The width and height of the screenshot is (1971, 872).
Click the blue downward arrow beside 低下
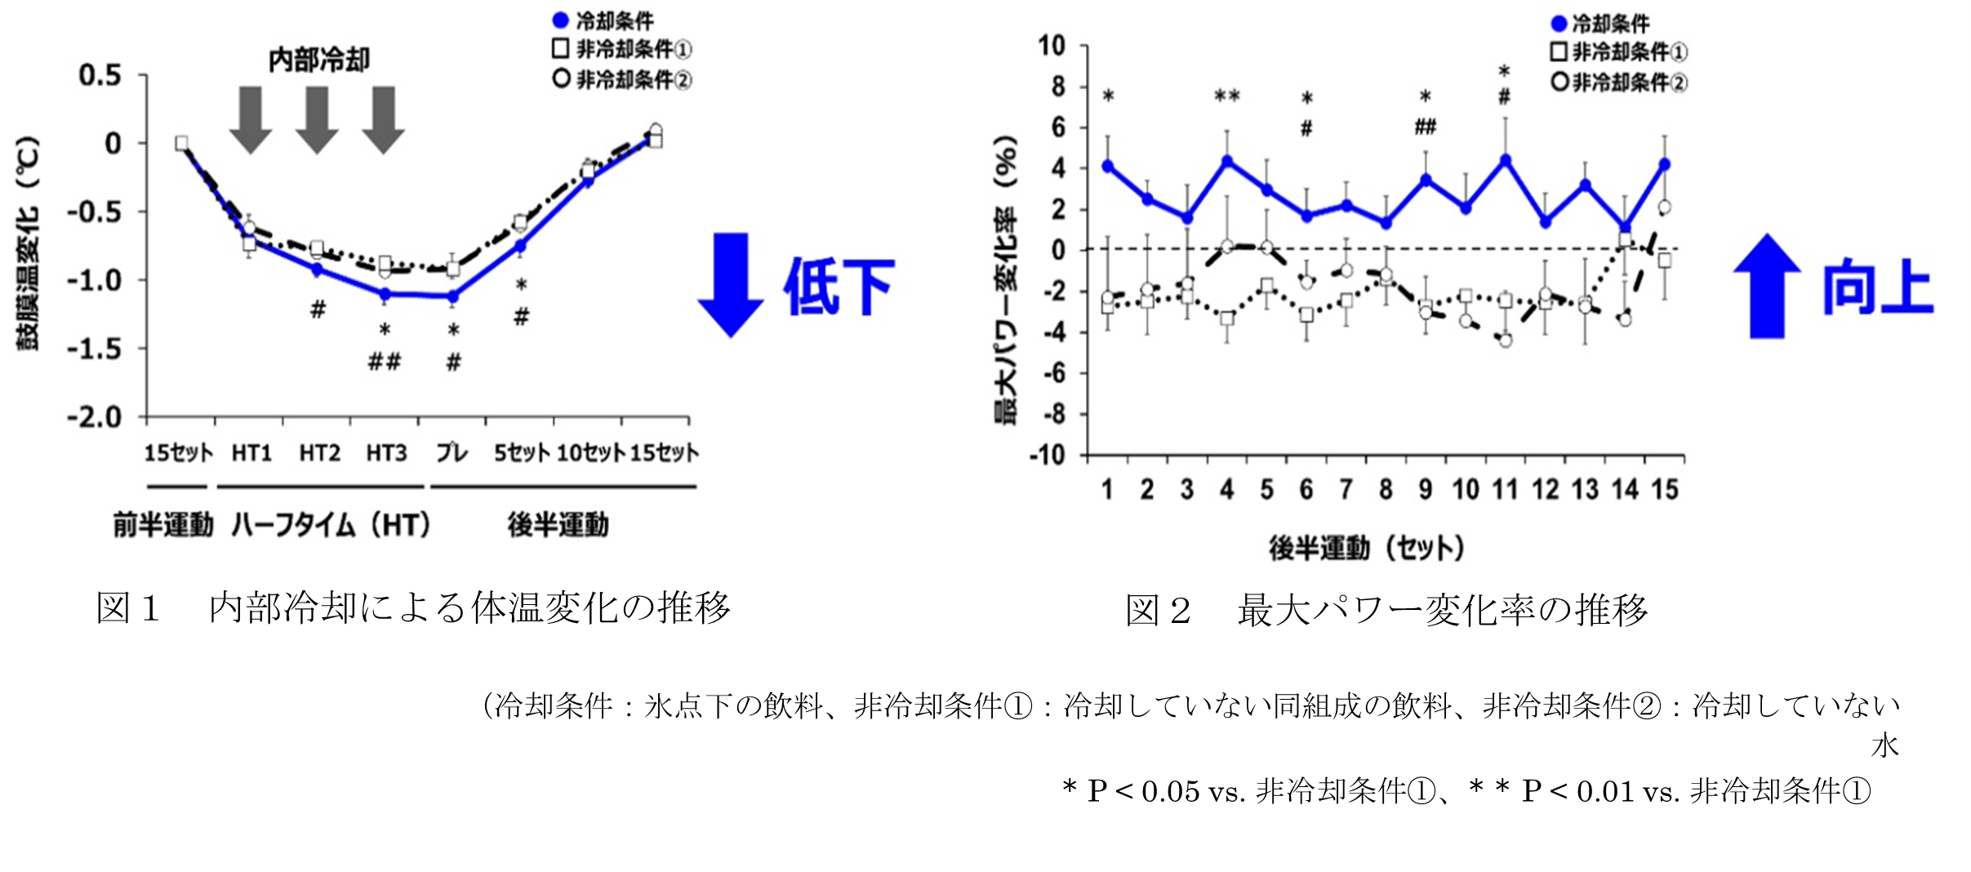731,284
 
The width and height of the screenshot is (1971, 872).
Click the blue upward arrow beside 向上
1767,286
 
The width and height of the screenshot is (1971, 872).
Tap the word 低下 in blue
839,287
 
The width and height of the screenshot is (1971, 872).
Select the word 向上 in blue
1878,287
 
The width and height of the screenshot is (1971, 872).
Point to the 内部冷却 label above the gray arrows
319,60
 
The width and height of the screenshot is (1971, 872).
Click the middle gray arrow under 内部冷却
317,119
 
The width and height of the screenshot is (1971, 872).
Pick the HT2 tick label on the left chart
318,452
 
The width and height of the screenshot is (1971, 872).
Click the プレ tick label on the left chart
452,452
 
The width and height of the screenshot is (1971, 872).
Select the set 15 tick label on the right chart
1665,490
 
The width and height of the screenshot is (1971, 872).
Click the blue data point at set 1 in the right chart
1108,166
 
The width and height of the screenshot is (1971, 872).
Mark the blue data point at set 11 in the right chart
1506,160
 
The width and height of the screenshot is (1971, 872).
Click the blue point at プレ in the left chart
453,297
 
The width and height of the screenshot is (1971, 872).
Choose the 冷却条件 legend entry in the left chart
604,20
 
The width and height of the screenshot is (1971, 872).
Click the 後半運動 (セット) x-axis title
1365,547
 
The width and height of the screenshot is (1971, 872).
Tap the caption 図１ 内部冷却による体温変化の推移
412,609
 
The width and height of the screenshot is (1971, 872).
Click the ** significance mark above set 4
1226,96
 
